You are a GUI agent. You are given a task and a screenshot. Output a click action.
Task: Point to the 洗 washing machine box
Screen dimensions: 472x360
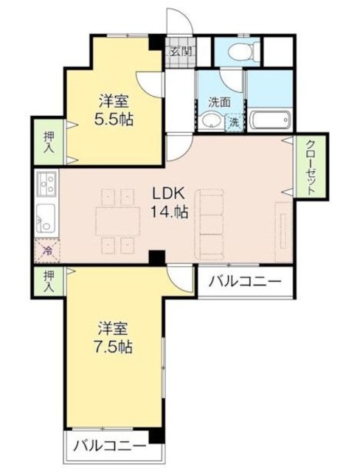click(233, 122)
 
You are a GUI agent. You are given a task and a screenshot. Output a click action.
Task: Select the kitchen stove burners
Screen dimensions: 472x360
click(45, 181)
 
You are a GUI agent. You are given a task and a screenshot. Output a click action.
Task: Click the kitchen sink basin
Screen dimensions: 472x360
click(44, 217)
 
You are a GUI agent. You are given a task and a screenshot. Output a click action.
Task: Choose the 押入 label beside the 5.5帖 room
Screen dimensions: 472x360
click(47, 143)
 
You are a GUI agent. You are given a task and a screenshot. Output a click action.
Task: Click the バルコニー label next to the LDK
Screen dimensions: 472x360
click(244, 281)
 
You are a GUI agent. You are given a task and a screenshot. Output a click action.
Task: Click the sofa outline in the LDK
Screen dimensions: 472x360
click(210, 222)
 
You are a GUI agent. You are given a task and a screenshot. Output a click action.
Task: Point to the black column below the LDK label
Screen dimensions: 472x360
click(156, 257)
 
